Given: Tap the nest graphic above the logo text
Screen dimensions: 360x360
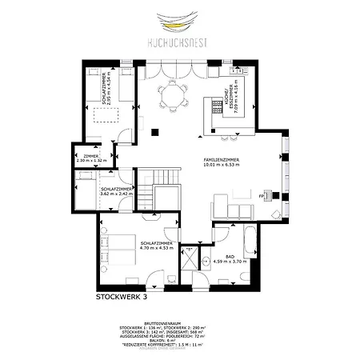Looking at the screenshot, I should [x=180, y=19].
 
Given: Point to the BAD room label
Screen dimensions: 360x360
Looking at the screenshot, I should [x=230, y=255].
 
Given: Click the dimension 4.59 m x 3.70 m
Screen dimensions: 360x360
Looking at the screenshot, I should [x=230, y=261].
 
